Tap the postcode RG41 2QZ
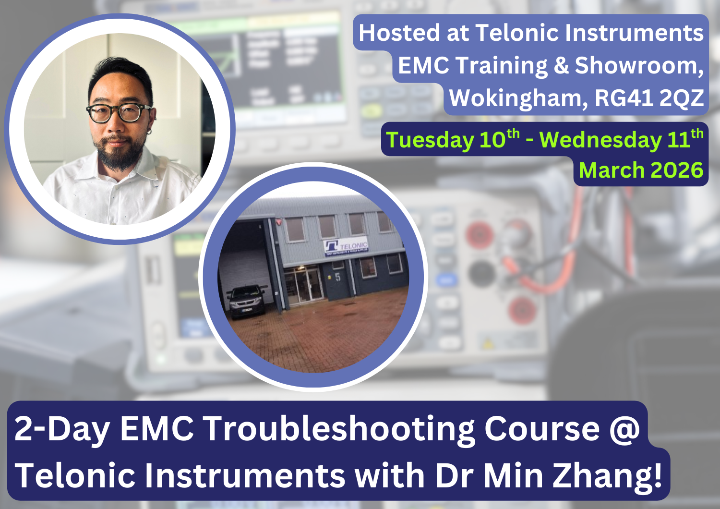(x=649, y=98)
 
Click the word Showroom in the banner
(x=635, y=66)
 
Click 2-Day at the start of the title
(x=62, y=429)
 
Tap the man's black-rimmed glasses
(x=119, y=113)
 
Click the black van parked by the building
(x=246, y=300)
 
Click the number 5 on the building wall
(x=338, y=277)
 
